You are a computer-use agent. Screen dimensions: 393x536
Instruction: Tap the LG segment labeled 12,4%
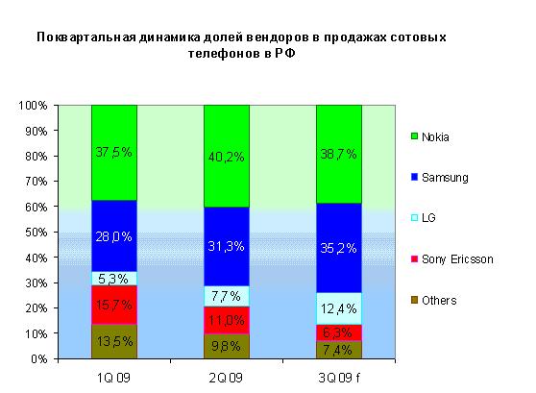339,307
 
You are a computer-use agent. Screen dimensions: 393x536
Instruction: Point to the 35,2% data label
339,248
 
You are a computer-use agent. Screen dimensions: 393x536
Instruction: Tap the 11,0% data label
227,319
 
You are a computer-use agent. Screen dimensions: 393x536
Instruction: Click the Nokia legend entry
434,137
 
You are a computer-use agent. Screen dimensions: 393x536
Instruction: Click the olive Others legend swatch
414,301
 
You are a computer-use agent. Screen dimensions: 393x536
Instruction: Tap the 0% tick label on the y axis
41,358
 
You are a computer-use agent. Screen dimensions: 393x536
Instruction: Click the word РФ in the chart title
284,55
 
